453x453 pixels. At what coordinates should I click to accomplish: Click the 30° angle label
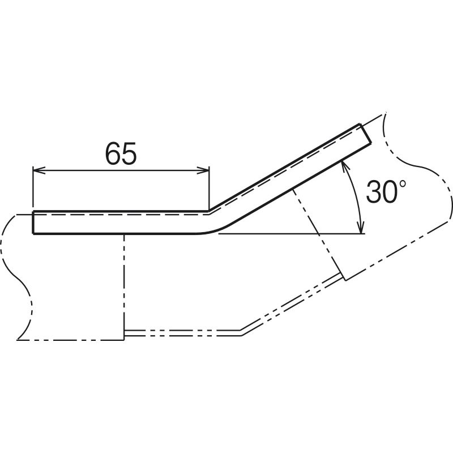(386, 191)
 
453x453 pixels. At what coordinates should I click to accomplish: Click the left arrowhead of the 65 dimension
(39, 170)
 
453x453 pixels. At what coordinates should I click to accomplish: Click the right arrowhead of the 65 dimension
(203, 170)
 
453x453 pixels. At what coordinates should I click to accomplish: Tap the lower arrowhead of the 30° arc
(360, 228)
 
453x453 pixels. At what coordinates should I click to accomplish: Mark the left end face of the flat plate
(33, 222)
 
